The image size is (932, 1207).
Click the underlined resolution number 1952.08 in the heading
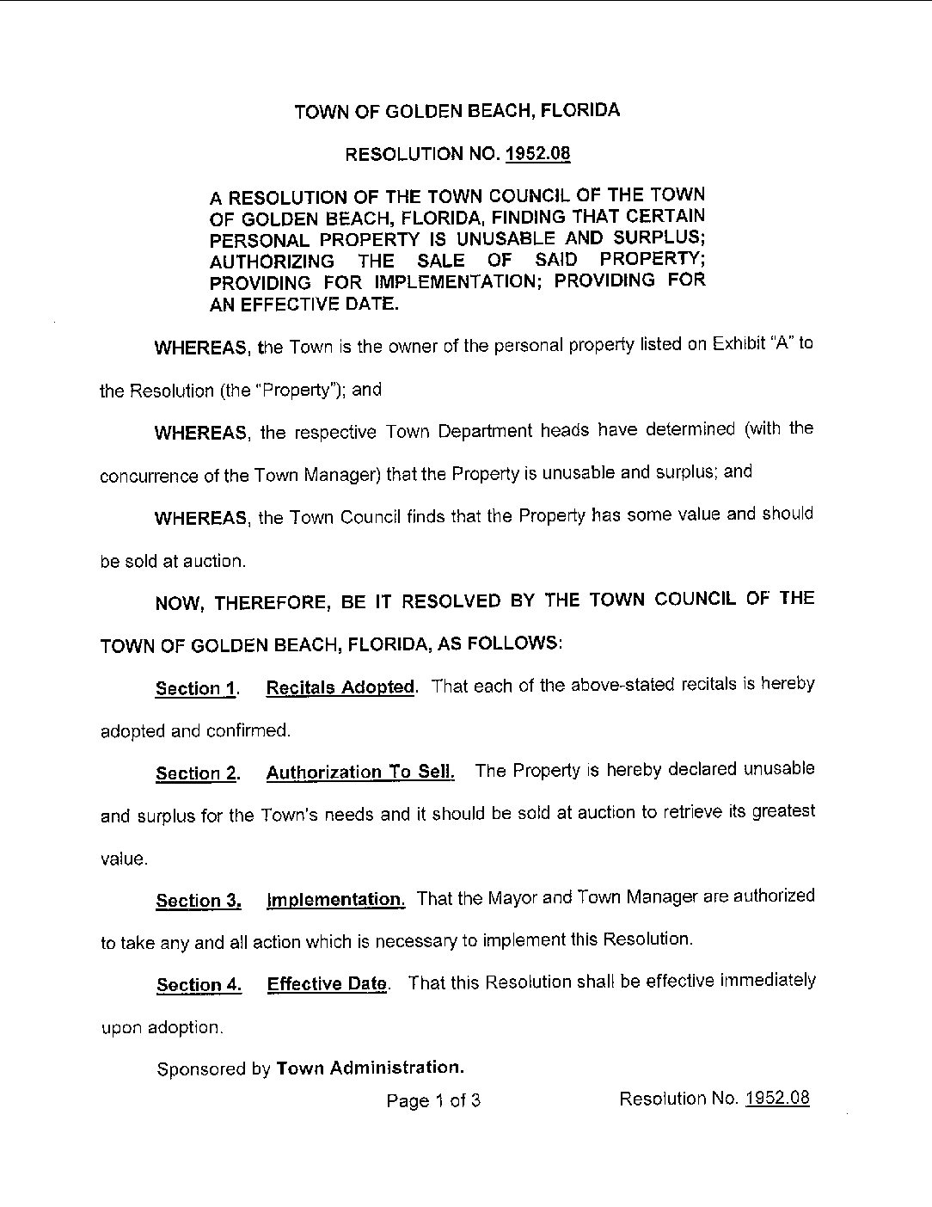[x=538, y=155]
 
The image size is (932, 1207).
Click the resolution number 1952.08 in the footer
[x=777, y=1099]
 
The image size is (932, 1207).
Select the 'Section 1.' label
[x=196, y=688]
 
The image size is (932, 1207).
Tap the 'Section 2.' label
[x=197, y=773]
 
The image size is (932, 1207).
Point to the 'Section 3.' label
[x=198, y=901]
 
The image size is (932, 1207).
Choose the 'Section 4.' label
[x=199, y=985]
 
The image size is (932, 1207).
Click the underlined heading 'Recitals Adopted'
[x=340, y=687]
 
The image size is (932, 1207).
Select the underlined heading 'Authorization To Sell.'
[x=360, y=772]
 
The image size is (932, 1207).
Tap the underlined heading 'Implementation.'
[x=335, y=900]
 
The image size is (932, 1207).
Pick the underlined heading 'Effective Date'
[x=327, y=984]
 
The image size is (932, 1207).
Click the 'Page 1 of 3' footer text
[x=433, y=1100]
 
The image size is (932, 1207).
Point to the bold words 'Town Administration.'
[x=370, y=1068]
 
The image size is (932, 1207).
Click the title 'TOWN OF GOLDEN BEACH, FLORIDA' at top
[x=457, y=111]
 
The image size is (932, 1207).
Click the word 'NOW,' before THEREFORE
[x=178, y=603]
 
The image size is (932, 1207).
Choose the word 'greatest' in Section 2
[x=782, y=811]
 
